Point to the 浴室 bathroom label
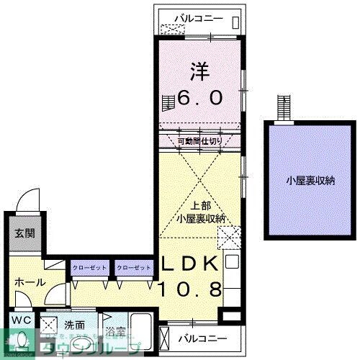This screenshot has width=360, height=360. coord(115,332)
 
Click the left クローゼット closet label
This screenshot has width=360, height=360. coord(89,268)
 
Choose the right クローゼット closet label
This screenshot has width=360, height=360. coord(133,268)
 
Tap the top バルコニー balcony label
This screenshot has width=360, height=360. coord(200,19)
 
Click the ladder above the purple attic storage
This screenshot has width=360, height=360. coord(284,109)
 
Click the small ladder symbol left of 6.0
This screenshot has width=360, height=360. coord(168,102)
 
